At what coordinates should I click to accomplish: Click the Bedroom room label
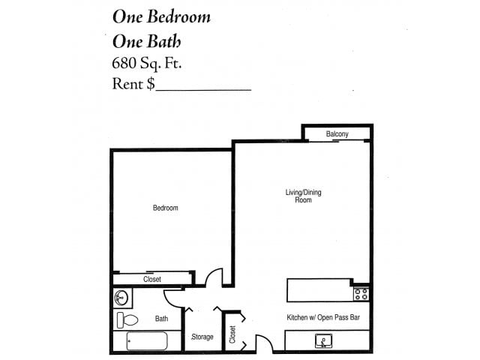tap(165, 208)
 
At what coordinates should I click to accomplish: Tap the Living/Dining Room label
tap(303, 196)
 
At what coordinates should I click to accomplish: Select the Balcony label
tap(337, 134)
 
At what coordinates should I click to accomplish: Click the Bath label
tap(161, 319)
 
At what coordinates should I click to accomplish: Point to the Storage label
tap(202, 337)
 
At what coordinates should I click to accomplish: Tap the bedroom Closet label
tap(151, 279)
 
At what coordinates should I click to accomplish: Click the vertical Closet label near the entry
tap(232, 332)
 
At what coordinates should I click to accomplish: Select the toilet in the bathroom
tap(128, 320)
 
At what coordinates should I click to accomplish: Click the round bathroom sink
tap(123, 298)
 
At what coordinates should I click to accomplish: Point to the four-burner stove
tap(361, 293)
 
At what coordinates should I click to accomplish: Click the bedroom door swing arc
tap(215, 276)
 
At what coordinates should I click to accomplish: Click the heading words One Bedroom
tap(161, 16)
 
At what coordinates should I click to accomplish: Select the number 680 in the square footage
tap(126, 62)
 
